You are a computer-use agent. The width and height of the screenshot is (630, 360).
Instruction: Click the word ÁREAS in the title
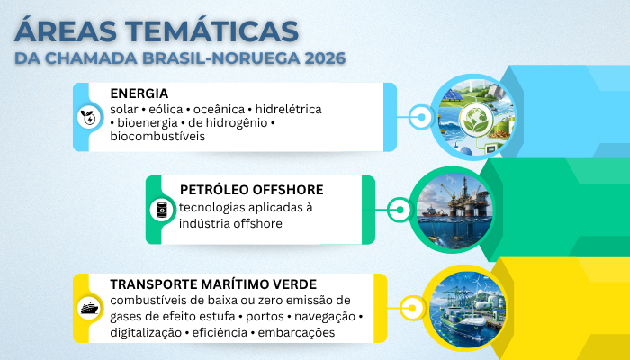click(x=65, y=31)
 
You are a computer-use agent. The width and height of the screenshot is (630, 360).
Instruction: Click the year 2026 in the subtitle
click(x=325, y=58)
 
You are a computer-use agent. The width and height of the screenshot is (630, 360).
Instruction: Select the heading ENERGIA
click(x=139, y=94)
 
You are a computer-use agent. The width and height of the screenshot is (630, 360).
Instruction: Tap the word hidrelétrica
click(x=289, y=109)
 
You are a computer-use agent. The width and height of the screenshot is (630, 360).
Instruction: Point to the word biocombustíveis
click(x=157, y=137)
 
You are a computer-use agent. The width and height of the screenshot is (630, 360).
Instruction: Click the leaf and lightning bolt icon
click(x=89, y=118)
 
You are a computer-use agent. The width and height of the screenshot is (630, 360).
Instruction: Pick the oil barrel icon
click(x=162, y=210)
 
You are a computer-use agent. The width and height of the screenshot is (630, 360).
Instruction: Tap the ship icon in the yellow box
click(x=89, y=309)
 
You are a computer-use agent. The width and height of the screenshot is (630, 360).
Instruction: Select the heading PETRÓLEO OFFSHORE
click(x=251, y=190)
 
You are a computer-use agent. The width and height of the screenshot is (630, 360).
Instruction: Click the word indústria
click(x=202, y=223)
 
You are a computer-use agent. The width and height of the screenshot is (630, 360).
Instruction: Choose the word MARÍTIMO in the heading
click(x=229, y=284)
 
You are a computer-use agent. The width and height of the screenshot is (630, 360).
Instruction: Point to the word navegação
click(x=325, y=317)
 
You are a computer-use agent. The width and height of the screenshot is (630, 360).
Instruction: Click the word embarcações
click(x=296, y=333)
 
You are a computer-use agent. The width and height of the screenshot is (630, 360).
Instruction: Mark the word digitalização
click(x=146, y=333)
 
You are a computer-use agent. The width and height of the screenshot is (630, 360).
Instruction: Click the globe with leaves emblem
click(x=476, y=120)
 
